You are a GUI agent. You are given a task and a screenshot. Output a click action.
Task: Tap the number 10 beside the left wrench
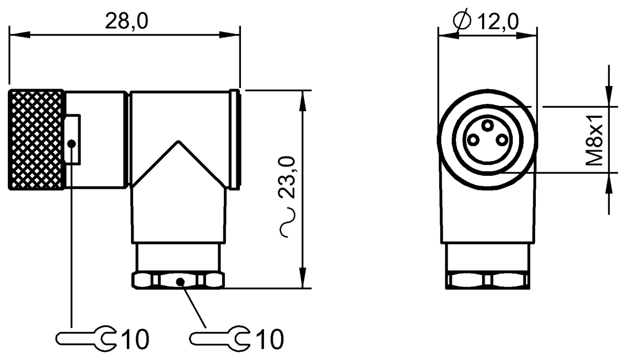tap(135, 340)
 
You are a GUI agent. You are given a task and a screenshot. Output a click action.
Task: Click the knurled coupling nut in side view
tap(37, 139)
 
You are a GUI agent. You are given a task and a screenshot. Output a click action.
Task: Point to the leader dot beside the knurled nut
tap(72, 142)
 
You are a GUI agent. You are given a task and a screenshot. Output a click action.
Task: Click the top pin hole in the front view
tap(487, 125)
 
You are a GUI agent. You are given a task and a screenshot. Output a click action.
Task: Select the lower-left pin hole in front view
tap(473, 139)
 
